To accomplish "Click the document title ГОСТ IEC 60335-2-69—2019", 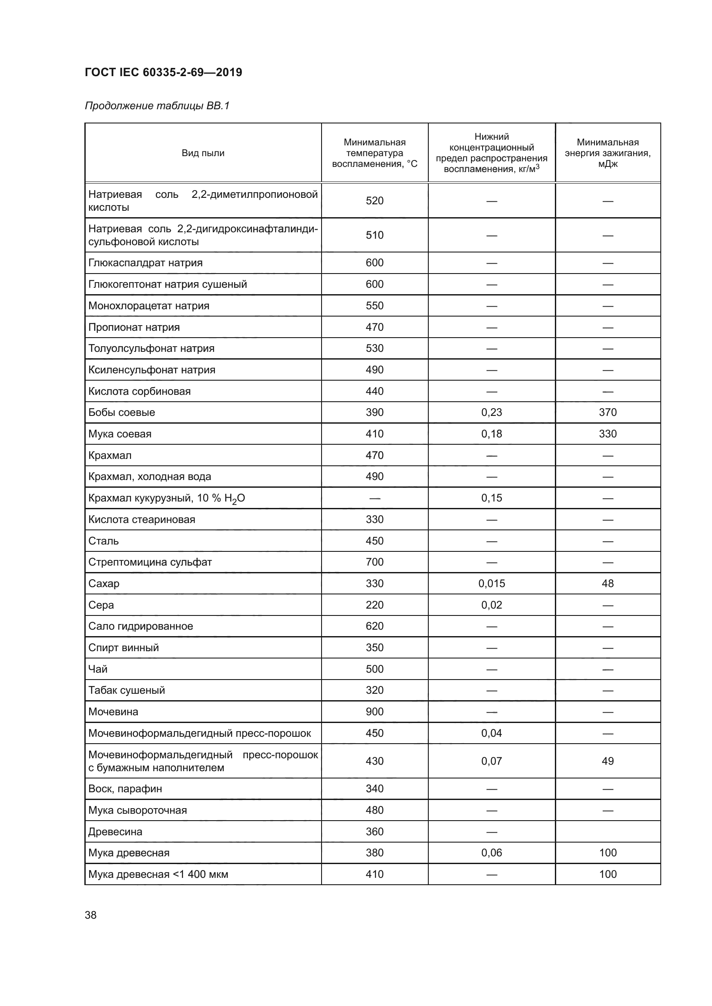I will [x=163, y=72].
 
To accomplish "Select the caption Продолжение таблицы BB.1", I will [x=157, y=106].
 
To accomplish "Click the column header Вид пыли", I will [x=203, y=153].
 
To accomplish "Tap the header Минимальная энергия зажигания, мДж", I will [x=607, y=153].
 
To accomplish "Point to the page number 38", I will [x=91, y=915].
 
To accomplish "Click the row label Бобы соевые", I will [x=121, y=412].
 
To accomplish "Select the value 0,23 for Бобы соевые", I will [x=491, y=412].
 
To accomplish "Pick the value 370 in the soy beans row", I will [x=607, y=412].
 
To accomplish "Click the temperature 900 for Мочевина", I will [x=375, y=711].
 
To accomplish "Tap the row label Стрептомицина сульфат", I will [x=150, y=562].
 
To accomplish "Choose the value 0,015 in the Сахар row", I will [x=491, y=584].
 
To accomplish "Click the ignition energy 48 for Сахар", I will [x=607, y=584].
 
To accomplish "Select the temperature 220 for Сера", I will [x=375, y=605].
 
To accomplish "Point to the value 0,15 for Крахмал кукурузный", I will [x=491, y=498].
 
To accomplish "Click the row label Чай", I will [x=98, y=669].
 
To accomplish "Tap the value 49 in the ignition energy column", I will [x=607, y=761].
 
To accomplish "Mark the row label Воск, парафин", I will [x=125, y=789].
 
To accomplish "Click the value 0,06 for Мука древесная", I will [x=491, y=852].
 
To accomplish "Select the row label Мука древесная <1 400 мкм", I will [x=158, y=874].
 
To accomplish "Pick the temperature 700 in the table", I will [x=375, y=562].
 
